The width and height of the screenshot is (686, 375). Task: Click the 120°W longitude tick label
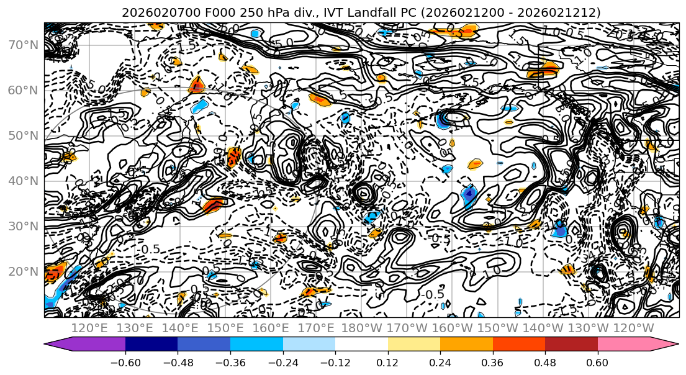click(633, 328)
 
